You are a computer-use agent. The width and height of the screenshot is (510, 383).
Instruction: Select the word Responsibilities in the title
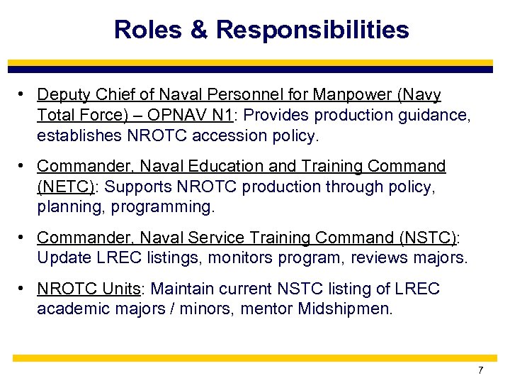pyautogui.click(x=312, y=30)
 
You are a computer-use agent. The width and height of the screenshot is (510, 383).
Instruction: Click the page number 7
pyautogui.click(x=480, y=370)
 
